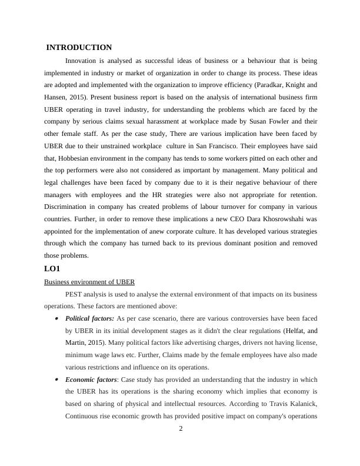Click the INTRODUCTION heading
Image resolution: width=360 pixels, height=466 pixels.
(79, 48)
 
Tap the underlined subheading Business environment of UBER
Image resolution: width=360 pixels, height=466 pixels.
(89, 282)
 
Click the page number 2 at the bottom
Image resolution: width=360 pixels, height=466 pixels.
(181, 428)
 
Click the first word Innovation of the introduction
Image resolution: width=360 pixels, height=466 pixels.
(82, 61)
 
